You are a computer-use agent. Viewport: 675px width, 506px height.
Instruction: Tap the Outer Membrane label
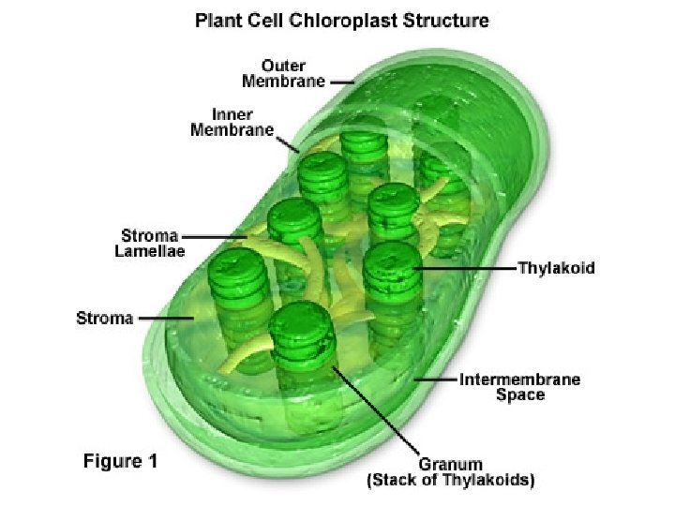click(x=284, y=73)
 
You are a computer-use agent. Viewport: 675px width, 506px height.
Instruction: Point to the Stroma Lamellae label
click(x=153, y=243)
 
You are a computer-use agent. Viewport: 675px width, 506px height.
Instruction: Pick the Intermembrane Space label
click(x=519, y=387)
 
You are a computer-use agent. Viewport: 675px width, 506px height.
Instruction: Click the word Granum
click(x=450, y=464)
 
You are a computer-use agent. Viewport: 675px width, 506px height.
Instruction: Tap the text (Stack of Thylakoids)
click(x=450, y=481)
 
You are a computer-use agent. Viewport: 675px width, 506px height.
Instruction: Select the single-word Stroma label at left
click(x=104, y=318)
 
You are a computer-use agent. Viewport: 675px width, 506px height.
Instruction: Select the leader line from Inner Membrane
click(x=288, y=143)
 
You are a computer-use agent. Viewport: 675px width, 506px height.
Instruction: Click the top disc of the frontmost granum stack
click(x=302, y=323)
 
